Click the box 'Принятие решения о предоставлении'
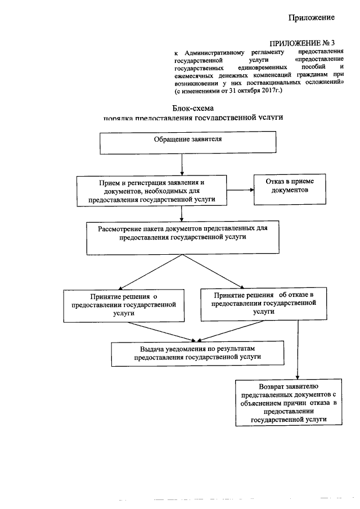pos(123,305)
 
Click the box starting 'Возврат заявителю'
pos(289,403)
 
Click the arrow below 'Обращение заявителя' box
pos(181,164)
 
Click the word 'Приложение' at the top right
pos(312,18)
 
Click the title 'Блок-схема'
pos(193,108)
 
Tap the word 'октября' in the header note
pos(243,90)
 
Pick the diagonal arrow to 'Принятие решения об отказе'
pos(212,271)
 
